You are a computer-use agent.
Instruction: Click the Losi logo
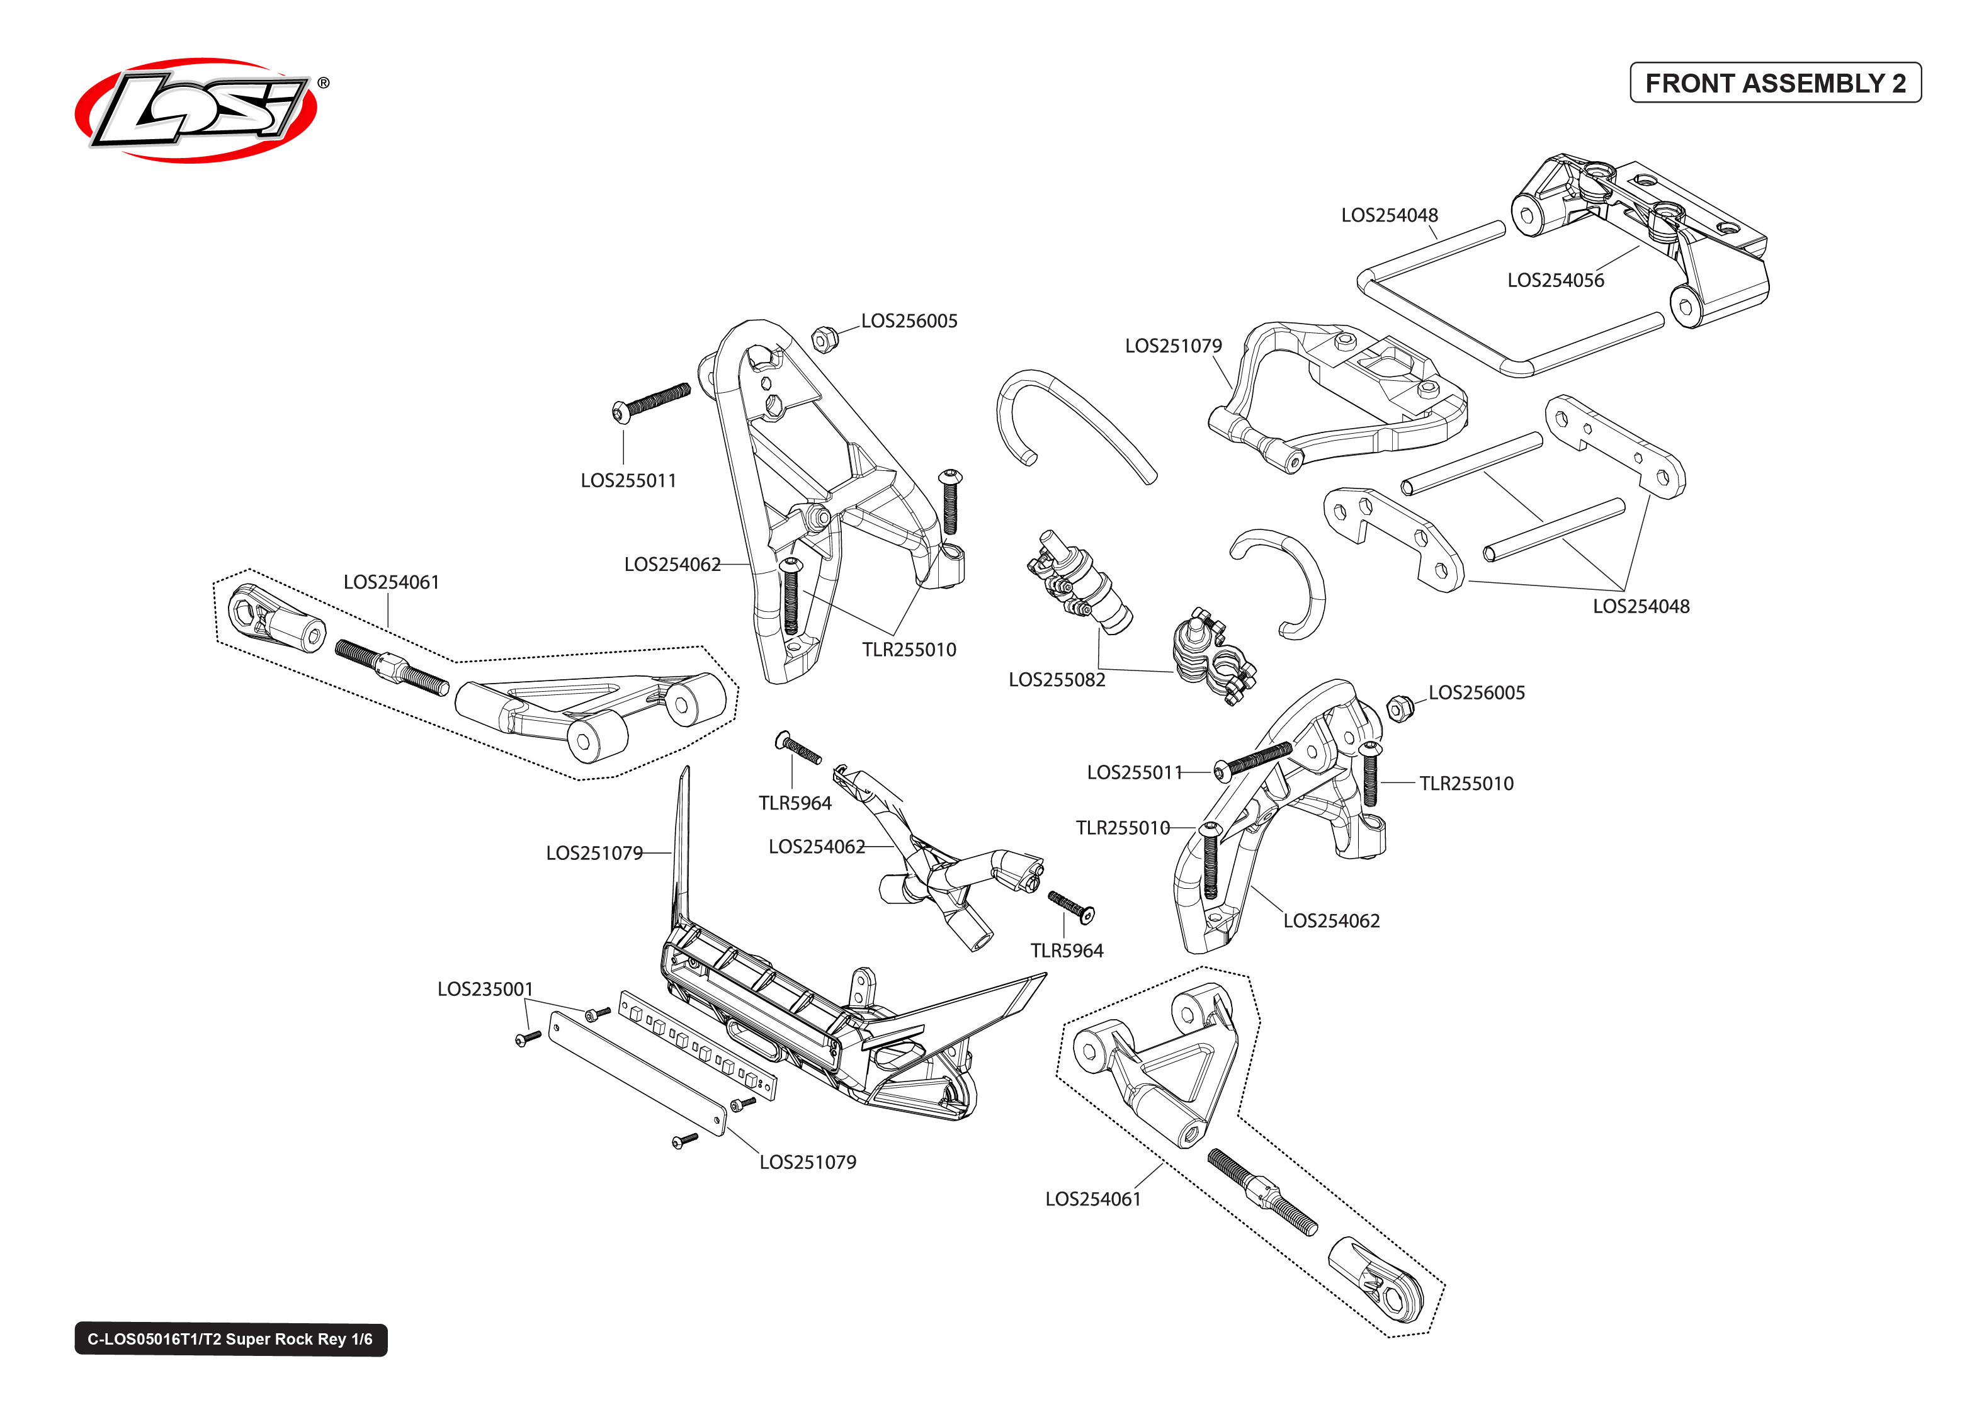pyautogui.click(x=196, y=110)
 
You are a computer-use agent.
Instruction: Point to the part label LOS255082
pyautogui.click(x=1056, y=680)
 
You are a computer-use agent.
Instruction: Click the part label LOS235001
pyautogui.click(x=484, y=988)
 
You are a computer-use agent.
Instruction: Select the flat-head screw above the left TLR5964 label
pyautogui.click(x=797, y=748)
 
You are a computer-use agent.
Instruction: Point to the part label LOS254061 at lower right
pyautogui.click(x=1092, y=1199)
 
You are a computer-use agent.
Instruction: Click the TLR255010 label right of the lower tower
pyautogui.click(x=1466, y=784)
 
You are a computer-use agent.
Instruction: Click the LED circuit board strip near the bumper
pyautogui.click(x=696, y=1044)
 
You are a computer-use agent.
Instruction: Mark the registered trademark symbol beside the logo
pyautogui.click(x=324, y=83)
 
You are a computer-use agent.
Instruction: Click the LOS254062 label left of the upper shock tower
pyautogui.click(x=672, y=565)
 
